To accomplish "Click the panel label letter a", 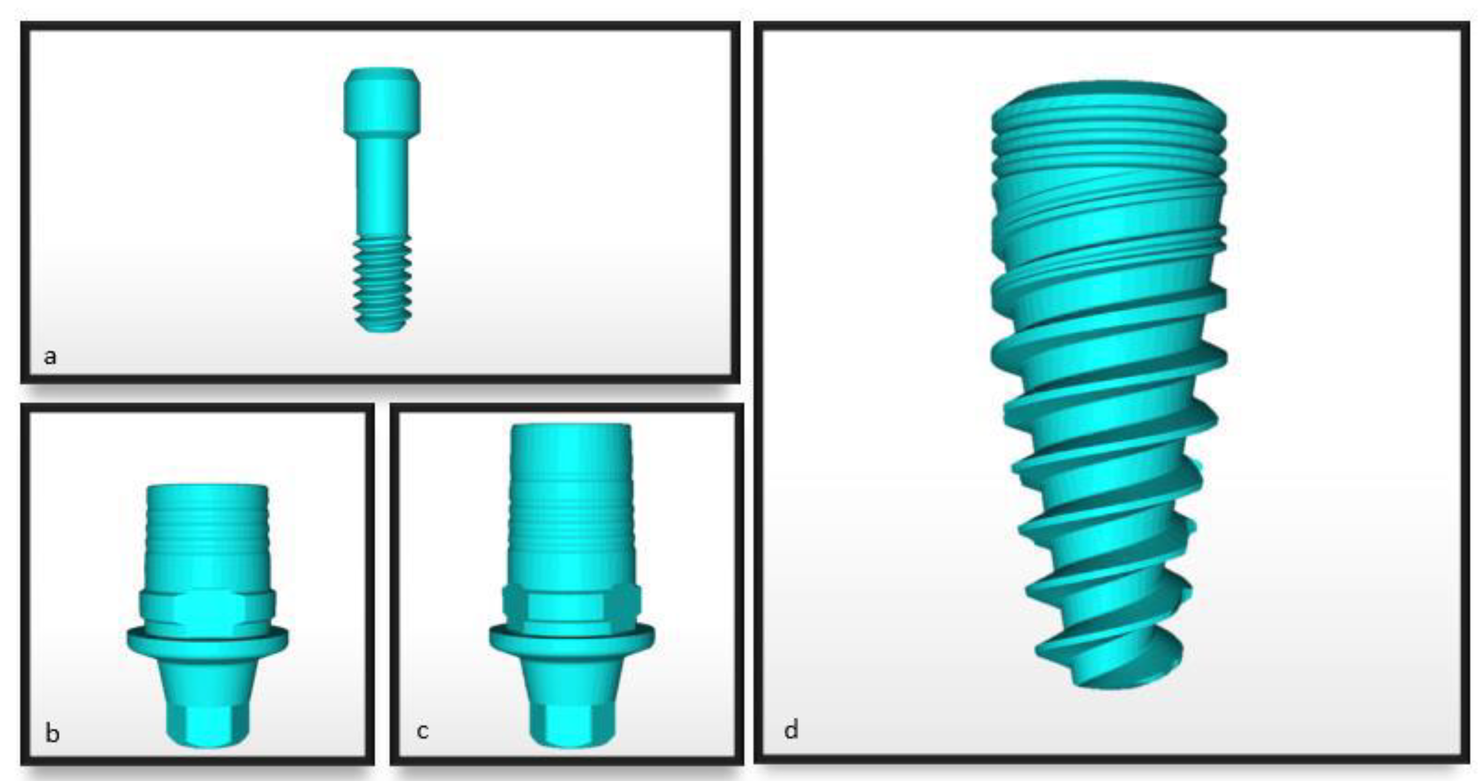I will pyautogui.click(x=51, y=357).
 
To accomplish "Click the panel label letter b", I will pyautogui.click(x=52, y=734).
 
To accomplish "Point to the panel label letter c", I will pyautogui.click(x=422, y=731).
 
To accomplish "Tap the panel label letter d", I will pyautogui.click(x=791, y=730).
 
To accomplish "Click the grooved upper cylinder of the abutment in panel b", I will pyautogui.click(x=207, y=530).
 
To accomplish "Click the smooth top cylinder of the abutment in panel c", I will pyautogui.click(x=570, y=455).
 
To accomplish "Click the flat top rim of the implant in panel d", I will pyautogui.click(x=1108, y=95).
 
